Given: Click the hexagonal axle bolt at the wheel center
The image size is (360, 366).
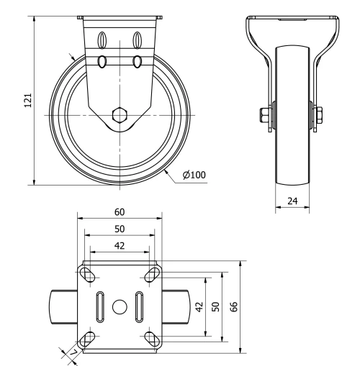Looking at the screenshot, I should [x=120, y=115].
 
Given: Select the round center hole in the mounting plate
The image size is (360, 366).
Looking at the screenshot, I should [x=120, y=306].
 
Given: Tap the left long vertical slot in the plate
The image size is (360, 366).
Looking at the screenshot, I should [x=99, y=306].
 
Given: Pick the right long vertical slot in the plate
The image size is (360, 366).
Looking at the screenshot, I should [x=140, y=306].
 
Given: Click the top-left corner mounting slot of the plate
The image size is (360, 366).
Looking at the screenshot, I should [x=88, y=275].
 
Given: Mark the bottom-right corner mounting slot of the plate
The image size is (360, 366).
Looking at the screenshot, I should [x=152, y=337].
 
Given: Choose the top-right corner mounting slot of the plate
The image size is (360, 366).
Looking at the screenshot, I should [x=152, y=275].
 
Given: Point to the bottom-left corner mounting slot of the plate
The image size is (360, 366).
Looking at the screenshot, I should [x=88, y=337].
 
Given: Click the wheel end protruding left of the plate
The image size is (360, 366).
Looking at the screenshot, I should [x=63, y=306].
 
